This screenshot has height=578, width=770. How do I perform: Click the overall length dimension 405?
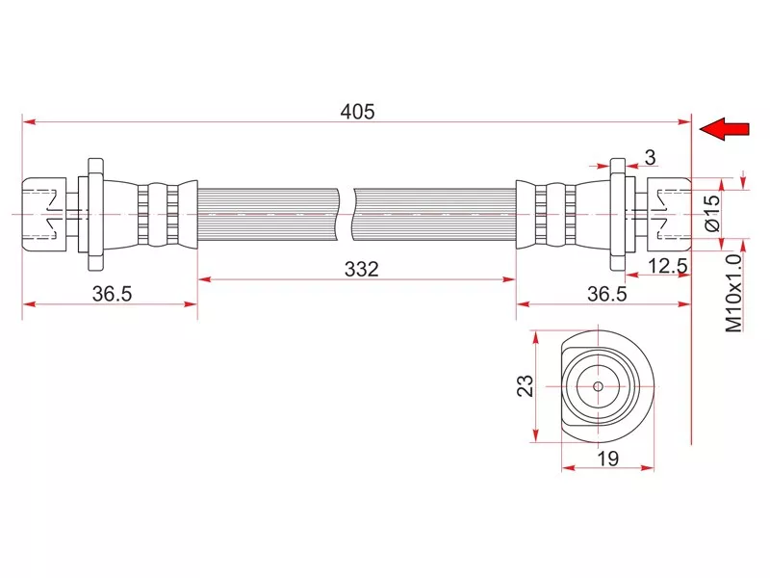pyautogui.click(x=357, y=112)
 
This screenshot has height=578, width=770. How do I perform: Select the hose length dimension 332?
pyautogui.click(x=362, y=270)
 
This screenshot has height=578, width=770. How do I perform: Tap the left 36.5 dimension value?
pyautogui.click(x=112, y=294)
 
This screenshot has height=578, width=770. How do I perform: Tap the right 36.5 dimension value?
pyautogui.click(x=607, y=294)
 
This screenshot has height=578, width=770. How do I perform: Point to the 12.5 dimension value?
pyautogui.click(x=668, y=266)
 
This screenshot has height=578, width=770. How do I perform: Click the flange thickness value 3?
pyautogui.click(x=650, y=158)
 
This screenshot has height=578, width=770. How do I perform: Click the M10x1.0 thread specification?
pyautogui.click(x=733, y=293)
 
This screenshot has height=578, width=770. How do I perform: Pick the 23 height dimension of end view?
pyautogui.click(x=525, y=385)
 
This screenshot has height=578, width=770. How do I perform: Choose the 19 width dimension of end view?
pyautogui.click(x=607, y=459)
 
